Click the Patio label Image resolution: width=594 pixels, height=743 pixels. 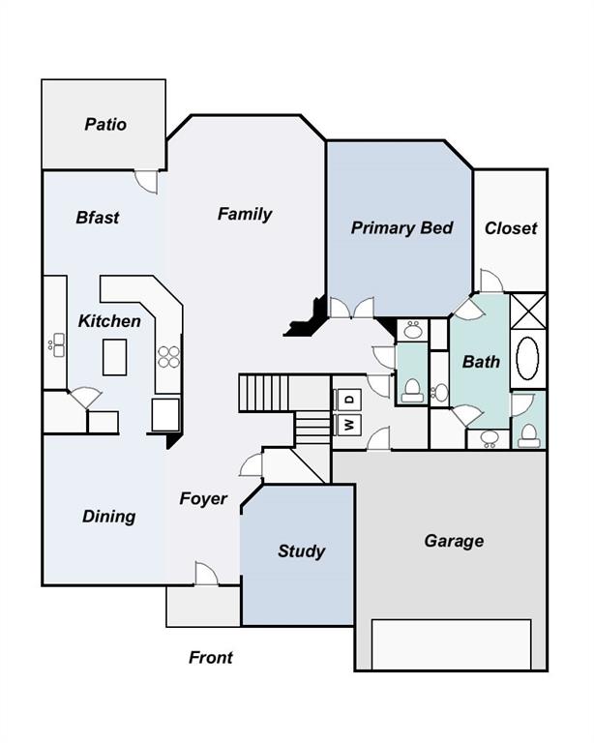(105, 124)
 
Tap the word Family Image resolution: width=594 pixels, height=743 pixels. (245, 214)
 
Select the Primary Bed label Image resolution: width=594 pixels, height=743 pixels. (401, 228)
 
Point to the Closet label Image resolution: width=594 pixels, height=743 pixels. (511, 228)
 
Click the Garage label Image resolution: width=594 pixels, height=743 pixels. (454, 541)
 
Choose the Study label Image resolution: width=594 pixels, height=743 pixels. (301, 551)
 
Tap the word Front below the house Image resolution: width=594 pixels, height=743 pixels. (211, 657)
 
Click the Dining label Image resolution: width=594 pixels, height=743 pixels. (109, 516)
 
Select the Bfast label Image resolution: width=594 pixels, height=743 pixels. (98, 218)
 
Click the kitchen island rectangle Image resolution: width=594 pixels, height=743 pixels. (114, 357)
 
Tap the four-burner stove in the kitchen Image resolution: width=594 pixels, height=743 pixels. (169, 357)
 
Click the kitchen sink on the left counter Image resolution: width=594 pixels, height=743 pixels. (58, 345)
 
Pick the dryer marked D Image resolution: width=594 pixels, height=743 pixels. (348, 400)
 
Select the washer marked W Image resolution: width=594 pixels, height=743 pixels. (348, 425)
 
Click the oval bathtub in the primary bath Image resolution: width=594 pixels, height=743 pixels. (527, 358)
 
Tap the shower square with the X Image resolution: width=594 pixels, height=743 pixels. (528, 311)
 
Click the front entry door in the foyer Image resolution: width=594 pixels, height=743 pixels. (206, 574)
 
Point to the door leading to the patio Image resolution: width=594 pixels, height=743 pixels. (146, 182)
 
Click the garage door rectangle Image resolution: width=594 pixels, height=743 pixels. (451, 644)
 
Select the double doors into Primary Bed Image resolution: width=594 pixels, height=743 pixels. (351, 308)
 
